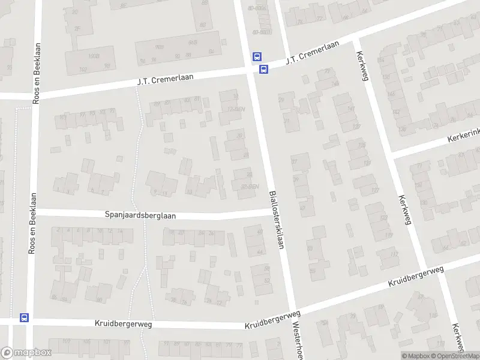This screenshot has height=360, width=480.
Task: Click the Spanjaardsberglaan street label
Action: [x=140, y=214]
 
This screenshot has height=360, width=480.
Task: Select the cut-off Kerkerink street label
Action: [x=463, y=137]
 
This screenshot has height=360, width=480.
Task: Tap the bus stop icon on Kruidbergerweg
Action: [x=25, y=317]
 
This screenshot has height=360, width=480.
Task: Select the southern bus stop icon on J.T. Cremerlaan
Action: [x=263, y=69]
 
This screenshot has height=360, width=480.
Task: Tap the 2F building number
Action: [x=77, y=28]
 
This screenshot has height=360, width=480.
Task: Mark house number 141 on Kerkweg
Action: [x=351, y=108]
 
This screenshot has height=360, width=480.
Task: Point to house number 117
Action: [x=375, y=190]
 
